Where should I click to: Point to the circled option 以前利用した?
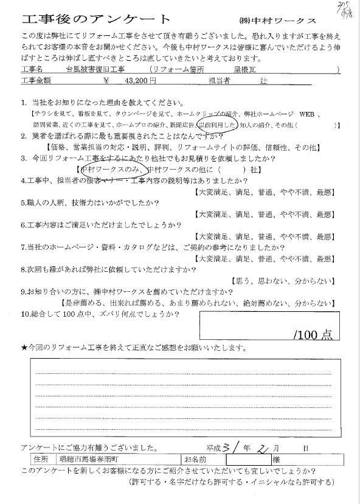215,125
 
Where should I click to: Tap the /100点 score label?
311,334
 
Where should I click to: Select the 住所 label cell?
41,458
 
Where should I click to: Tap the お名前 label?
195,458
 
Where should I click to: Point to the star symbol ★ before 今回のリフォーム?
24,348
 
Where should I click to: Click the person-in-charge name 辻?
263,80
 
